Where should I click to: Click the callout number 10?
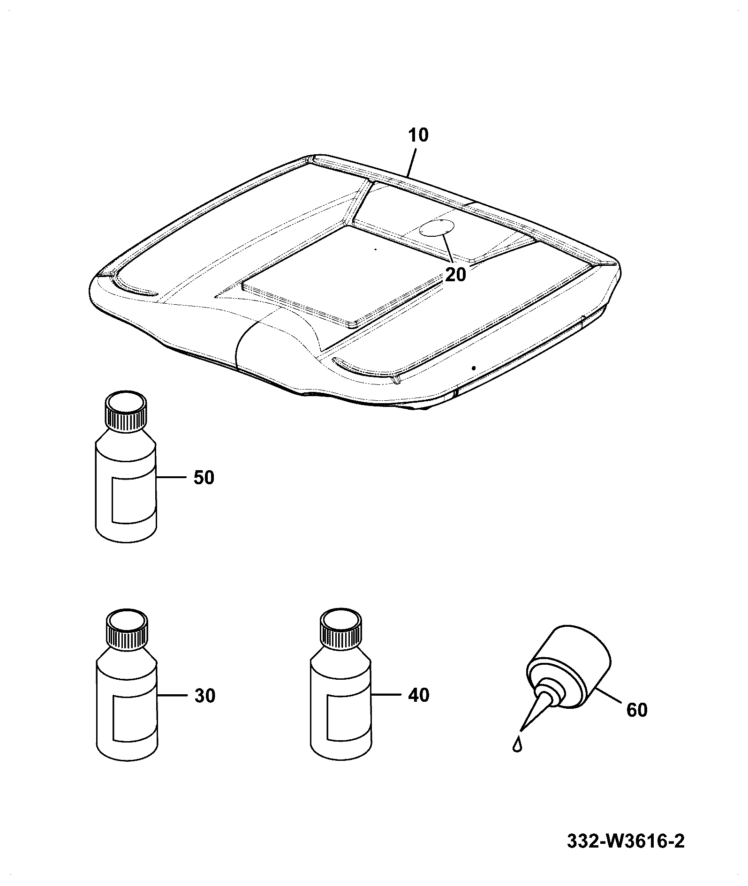[x=418, y=135]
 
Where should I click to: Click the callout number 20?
[x=456, y=275]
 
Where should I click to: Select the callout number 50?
[x=204, y=478]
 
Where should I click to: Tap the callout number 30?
[x=205, y=696]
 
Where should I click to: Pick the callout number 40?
[x=419, y=695]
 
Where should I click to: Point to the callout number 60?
[x=636, y=710]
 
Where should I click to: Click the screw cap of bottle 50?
[x=125, y=411]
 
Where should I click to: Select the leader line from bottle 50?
[x=170, y=477]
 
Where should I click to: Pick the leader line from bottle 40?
[x=385, y=694]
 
